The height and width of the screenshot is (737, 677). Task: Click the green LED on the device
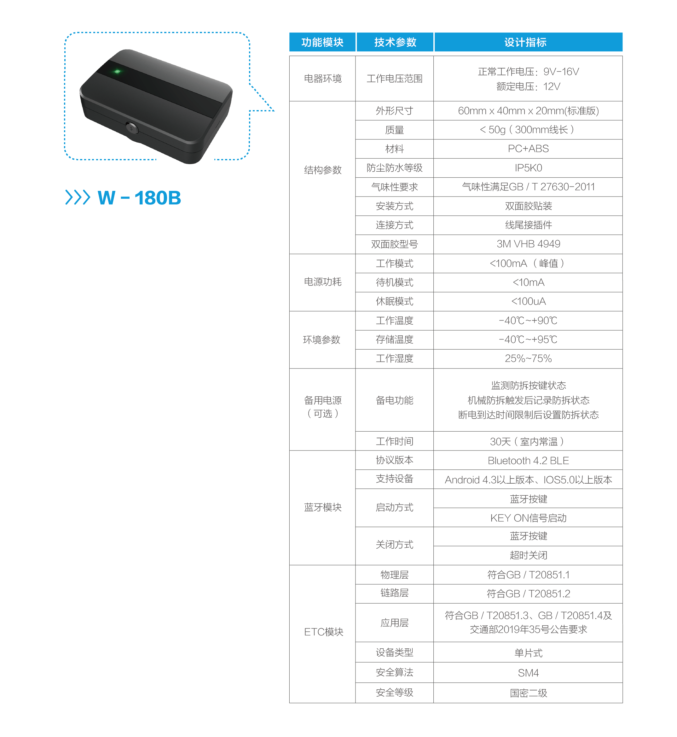(x=117, y=72)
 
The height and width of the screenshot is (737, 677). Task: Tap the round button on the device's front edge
(x=132, y=128)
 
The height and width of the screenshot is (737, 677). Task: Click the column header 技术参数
(x=395, y=42)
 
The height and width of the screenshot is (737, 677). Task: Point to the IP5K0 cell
(x=528, y=168)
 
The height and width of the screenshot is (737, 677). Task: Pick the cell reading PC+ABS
(x=528, y=149)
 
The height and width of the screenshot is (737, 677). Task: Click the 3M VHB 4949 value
(x=528, y=244)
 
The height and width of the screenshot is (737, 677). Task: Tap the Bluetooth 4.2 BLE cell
(x=528, y=461)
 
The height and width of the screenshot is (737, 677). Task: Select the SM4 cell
(x=528, y=673)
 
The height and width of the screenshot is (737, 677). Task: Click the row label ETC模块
(x=323, y=632)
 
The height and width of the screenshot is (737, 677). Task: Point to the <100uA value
(x=528, y=301)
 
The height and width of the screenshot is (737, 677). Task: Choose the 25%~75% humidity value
(x=528, y=358)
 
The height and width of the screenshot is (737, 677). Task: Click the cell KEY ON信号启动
(x=528, y=518)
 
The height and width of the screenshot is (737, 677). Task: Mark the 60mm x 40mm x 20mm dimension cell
(x=528, y=111)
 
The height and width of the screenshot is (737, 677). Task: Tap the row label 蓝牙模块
(x=322, y=507)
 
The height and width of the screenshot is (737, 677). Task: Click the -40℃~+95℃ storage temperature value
(x=528, y=339)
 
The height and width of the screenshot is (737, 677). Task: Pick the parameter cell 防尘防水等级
(x=394, y=168)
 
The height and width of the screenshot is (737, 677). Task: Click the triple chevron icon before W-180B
(x=77, y=197)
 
